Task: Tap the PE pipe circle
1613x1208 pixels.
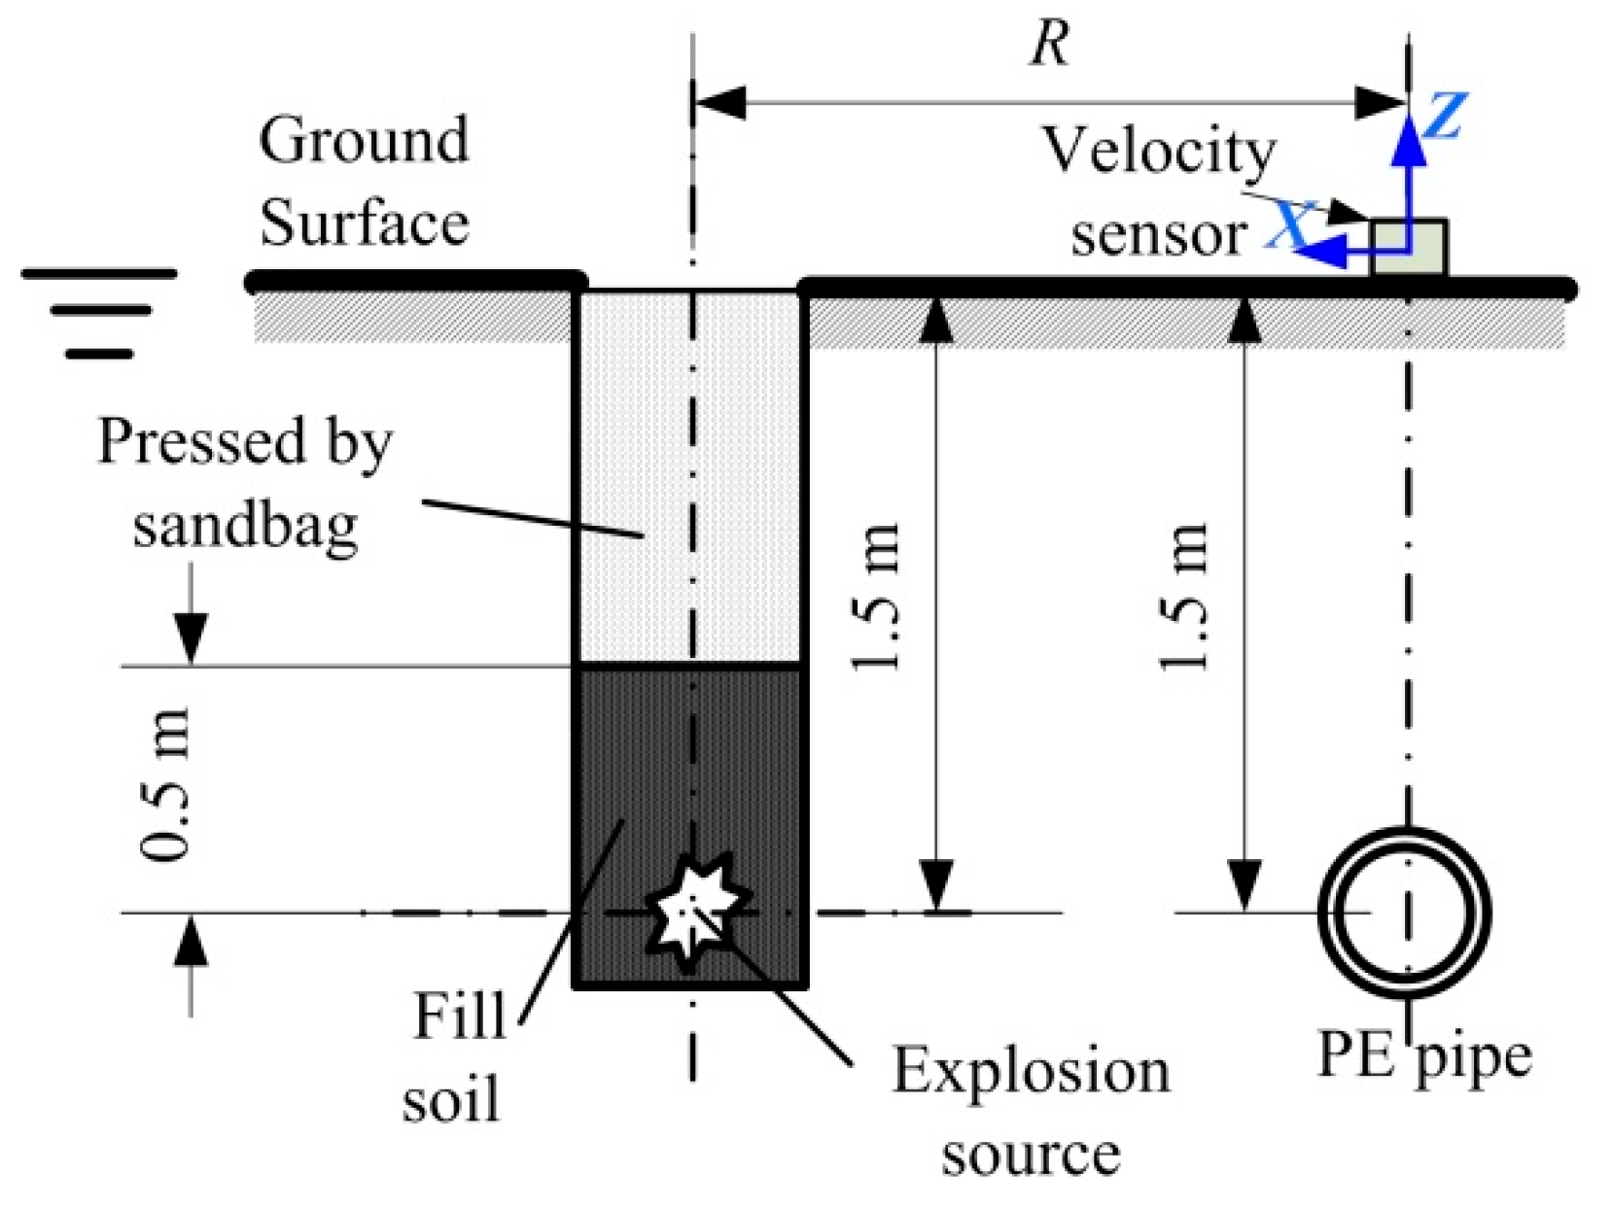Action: pos(1404,914)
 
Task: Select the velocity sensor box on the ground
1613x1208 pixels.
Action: pos(1408,248)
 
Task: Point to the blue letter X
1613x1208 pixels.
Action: pos(1289,225)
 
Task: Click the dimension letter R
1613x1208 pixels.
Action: pos(1050,44)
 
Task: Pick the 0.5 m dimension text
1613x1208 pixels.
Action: pos(165,784)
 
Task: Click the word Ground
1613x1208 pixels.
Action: pos(364,141)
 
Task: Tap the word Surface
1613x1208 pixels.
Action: pos(364,223)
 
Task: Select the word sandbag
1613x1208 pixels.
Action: pos(245,526)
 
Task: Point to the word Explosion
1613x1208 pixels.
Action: pos(1031,1071)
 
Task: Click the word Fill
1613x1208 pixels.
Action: pos(459,1017)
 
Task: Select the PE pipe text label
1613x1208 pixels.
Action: pos(1422,1056)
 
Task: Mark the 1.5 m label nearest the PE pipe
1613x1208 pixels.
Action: pos(1184,597)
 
